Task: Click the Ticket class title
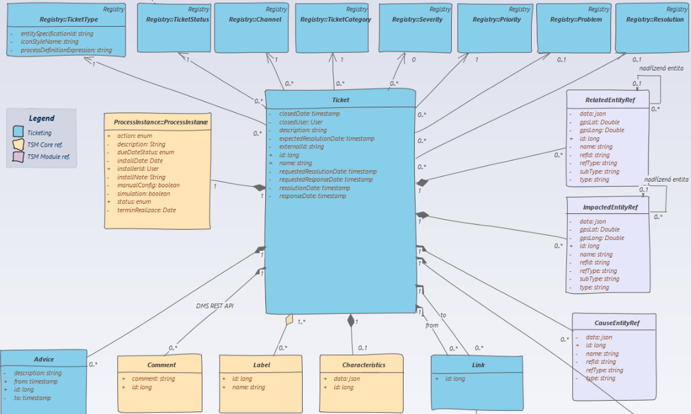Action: [x=340, y=100]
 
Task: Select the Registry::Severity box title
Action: [x=417, y=20]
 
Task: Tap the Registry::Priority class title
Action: [x=497, y=20]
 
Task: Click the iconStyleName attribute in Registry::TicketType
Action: [x=49, y=41]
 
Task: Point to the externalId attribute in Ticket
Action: [x=301, y=147]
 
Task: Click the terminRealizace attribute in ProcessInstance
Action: [x=147, y=210]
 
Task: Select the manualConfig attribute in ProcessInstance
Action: [x=148, y=185]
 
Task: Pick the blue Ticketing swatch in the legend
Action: [x=18, y=133]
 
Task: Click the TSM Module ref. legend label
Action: [x=48, y=156]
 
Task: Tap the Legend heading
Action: [x=42, y=118]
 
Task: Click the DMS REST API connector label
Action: [x=214, y=305]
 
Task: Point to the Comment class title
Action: [x=161, y=365]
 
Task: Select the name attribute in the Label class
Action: [x=248, y=387]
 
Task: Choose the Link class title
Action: [x=478, y=364]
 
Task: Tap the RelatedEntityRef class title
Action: [x=607, y=100]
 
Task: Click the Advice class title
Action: [x=43, y=359]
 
